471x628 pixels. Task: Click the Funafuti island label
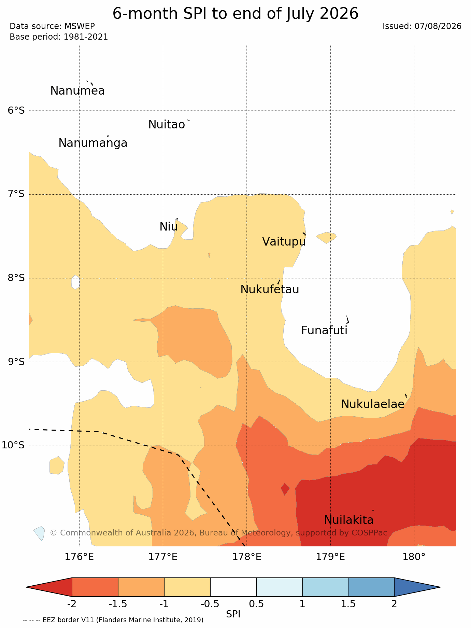(324, 331)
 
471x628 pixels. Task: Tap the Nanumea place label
(77, 91)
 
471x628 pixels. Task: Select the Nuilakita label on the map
(349, 520)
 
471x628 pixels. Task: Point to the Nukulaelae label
(373, 404)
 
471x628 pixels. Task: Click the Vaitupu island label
(284, 242)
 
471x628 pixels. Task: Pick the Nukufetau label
(270, 290)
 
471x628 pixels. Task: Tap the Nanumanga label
(93, 143)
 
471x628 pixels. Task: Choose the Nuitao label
(167, 125)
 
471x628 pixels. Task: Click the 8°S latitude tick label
(16, 278)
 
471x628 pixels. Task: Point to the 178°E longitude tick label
(247, 557)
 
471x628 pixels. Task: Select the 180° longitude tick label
(414, 557)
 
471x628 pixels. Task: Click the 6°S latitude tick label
(16, 111)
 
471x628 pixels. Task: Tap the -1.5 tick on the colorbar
(118, 604)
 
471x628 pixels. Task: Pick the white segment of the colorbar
(233, 587)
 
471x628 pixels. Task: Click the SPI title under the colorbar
(233, 614)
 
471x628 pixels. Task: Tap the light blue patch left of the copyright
(39, 533)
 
